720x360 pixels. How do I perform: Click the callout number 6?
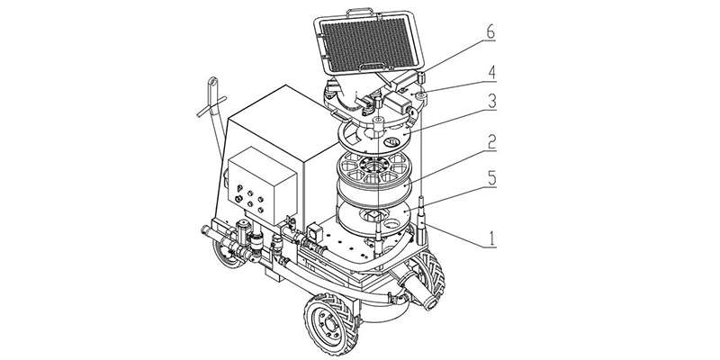(489, 33)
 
